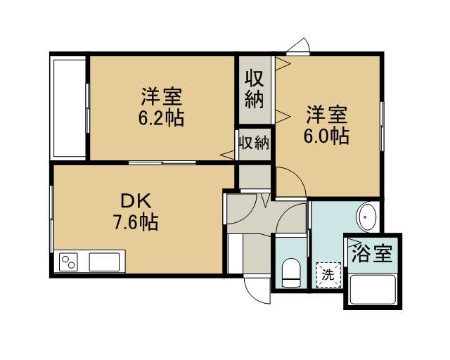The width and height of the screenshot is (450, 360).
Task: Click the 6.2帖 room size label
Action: coord(161,117)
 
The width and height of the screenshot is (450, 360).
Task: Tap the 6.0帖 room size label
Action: coord(326,136)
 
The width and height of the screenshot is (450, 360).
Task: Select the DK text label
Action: coord(136,201)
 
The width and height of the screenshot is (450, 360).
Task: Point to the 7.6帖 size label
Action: coord(136,222)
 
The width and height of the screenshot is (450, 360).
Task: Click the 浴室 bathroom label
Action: coord(372,253)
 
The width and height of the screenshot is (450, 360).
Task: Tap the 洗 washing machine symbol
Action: coord(328,275)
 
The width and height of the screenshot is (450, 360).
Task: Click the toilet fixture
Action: coord(291,273)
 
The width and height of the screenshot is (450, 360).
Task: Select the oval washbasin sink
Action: coord(366,217)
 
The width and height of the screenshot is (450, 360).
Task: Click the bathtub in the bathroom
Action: coord(373,290)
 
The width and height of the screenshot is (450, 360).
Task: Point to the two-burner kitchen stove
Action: coord(69,262)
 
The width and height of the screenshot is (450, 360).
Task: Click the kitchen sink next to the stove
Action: coord(104,262)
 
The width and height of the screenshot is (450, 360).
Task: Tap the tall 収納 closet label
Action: coord(255,89)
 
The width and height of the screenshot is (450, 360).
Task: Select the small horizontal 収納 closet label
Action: coord(255,143)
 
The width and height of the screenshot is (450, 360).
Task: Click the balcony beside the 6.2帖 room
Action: coord(68,108)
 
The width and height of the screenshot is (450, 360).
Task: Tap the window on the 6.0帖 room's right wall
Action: coord(382,126)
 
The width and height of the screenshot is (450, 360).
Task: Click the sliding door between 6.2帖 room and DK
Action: coord(162,162)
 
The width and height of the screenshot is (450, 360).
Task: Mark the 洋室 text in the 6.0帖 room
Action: coord(326,115)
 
